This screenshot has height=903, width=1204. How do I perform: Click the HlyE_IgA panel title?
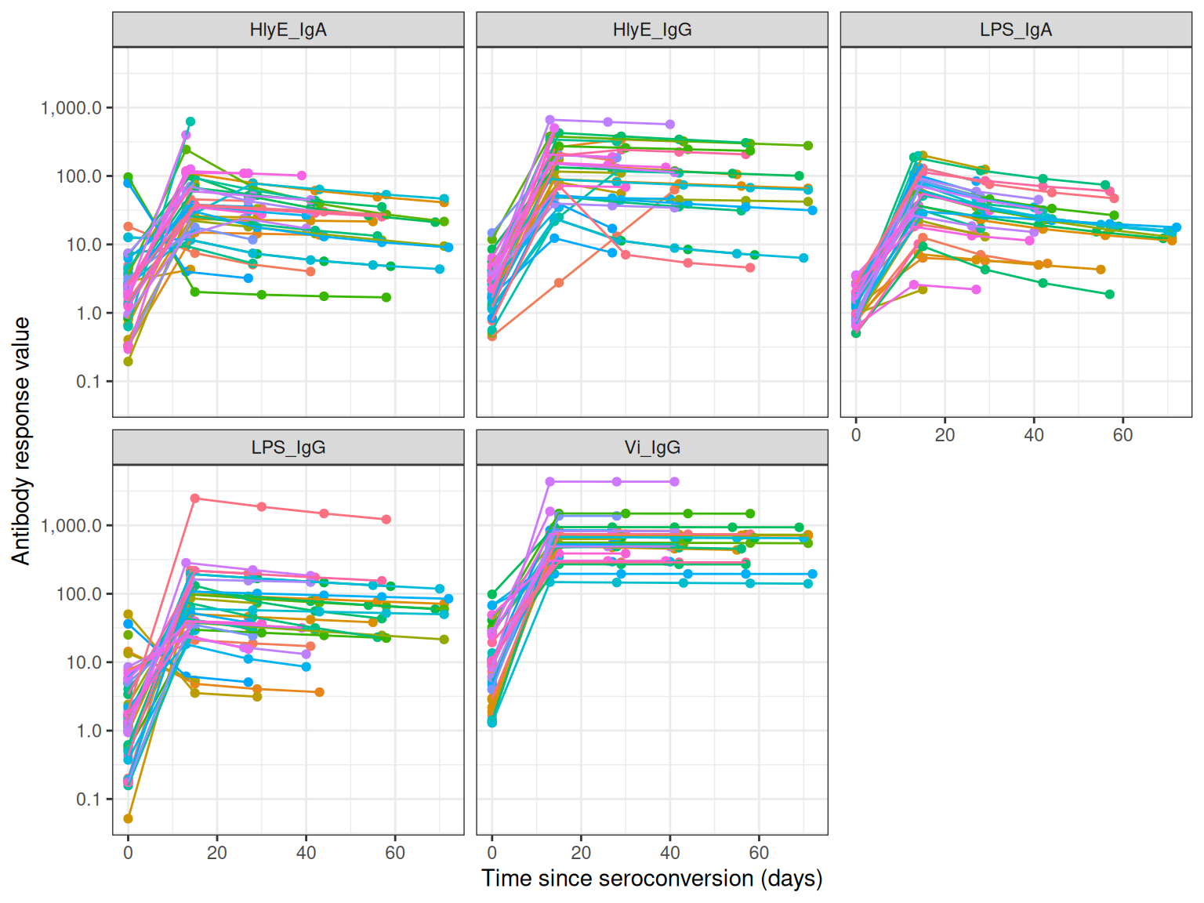coord(288,30)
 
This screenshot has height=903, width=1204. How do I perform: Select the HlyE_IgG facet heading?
coord(652,30)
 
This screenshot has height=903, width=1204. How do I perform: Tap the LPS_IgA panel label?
coord(1016,30)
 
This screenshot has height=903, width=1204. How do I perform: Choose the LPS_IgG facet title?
coord(288,448)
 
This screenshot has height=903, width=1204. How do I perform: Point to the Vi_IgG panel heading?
coord(652,448)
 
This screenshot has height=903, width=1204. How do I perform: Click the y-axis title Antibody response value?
coord(21,441)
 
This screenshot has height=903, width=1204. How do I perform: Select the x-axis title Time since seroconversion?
coord(652,878)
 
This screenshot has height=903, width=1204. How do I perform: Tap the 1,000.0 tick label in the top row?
coord(71,108)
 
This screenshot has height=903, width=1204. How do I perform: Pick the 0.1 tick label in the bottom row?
coord(89,800)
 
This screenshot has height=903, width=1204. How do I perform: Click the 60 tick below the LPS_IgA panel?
coord(1122,435)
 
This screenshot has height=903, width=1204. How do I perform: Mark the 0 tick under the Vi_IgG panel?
coord(492,853)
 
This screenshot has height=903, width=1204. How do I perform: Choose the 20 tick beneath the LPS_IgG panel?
coord(217,853)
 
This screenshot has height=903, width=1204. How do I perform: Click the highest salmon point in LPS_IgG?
coord(195,499)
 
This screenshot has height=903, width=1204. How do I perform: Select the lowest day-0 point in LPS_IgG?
coord(129,818)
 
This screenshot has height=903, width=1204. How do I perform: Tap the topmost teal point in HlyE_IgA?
coord(190,121)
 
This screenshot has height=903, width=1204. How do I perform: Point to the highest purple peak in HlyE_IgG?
coord(550,120)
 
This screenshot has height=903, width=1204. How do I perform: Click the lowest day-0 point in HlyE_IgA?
coord(129,361)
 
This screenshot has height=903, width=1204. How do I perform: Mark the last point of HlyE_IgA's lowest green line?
coord(386,297)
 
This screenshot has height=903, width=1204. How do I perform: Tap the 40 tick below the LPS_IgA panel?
coord(1034,435)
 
